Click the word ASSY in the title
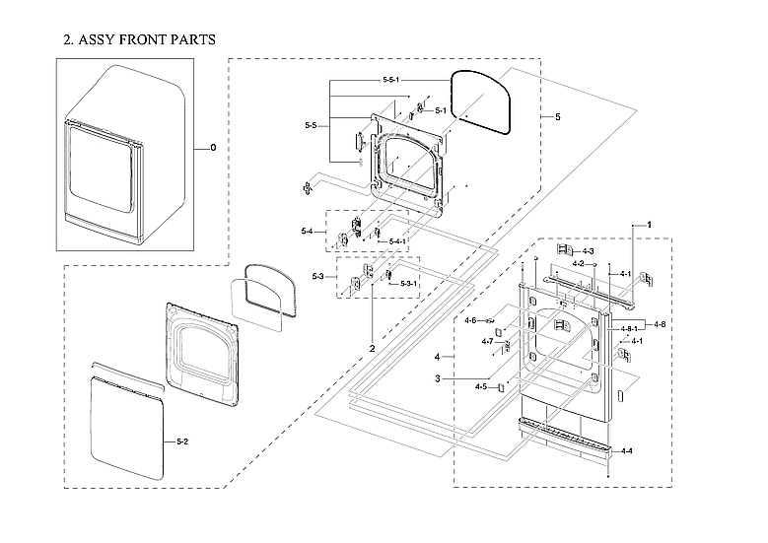(x=100, y=39)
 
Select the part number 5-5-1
(x=398, y=79)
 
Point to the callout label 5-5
(x=311, y=126)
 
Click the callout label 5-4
(x=308, y=232)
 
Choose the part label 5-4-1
(x=397, y=241)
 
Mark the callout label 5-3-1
(x=409, y=283)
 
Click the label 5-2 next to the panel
(x=182, y=440)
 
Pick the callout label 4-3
(x=589, y=252)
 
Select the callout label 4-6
(x=470, y=320)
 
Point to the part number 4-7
(x=487, y=341)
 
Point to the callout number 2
(x=373, y=349)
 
